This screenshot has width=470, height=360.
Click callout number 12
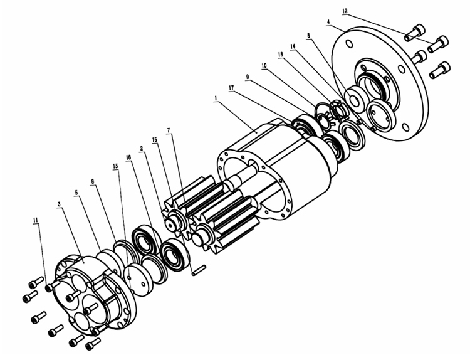pyautogui.click(x=345, y=11)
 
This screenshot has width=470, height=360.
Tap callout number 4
pyautogui.click(x=328, y=22)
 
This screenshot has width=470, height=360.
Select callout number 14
pyautogui.click(x=293, y=46)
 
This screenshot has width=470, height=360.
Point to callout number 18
pyautogui.click(x=281, y=55)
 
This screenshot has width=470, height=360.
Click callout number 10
pyautogui.click(x=264, y=66)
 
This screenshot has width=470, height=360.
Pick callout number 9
pyautogui.click(x=248, y=77)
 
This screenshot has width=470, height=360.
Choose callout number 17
pyautogui.click(x=231, y=88)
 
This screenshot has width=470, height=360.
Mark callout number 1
pyautogui.click(x=215, y=98)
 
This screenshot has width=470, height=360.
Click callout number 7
pyautogui.click(x=169, y=130)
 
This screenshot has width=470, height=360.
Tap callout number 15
pyautogui.click(x=155, y=140)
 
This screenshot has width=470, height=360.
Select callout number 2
pyautogui.click(x=142, y=148)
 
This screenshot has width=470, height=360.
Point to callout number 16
pyautogui.click(x=128, y=157)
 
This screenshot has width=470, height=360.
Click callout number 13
pyautogui.click(x=115, y=166)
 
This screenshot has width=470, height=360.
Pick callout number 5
pyautogui.click(x=76, y=193)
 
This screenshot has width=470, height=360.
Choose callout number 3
pyautogui.click(x=60, y=204)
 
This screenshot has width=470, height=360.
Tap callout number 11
pyautogui.click(x=36, y=220)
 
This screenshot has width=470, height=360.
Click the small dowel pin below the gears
pyautogui.click(x=199, y=270)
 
